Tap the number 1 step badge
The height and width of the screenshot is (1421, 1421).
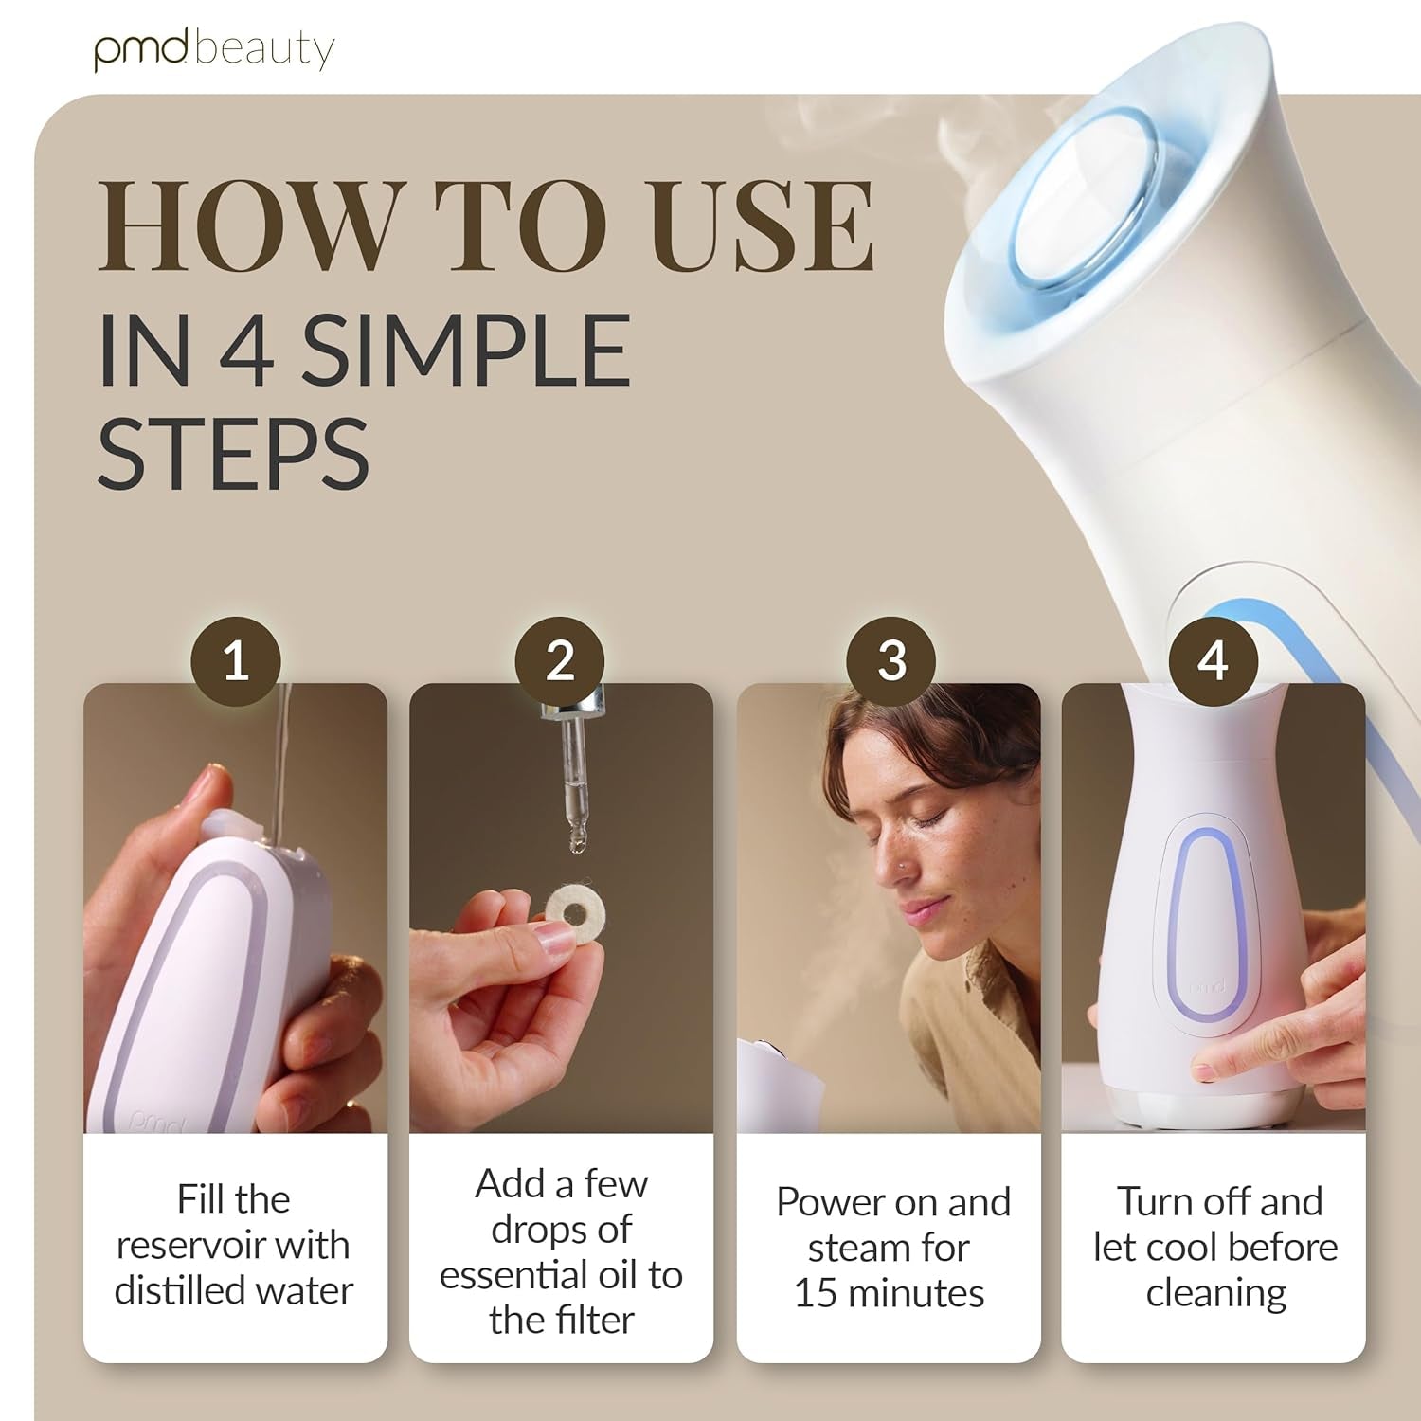(236, 660)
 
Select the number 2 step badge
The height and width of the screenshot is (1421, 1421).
(560, 660)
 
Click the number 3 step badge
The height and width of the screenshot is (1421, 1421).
(891, 660)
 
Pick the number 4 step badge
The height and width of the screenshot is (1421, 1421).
(1214, 660)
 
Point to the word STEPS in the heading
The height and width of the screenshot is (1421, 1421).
(233, 454)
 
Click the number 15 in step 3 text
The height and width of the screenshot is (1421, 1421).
(815, 1293)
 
